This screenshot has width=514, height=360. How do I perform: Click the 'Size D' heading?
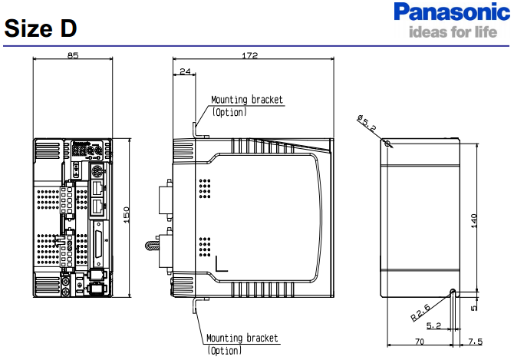click(41, 30)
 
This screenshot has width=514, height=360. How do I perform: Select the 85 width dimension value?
click(74, 55)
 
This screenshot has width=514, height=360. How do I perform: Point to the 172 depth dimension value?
click(251, 55)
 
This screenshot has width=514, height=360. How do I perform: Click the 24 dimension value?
click(184, 71)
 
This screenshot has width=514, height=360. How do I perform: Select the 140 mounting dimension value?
click(475, 219)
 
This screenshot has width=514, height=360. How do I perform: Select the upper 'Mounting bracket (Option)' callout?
click(246, 105)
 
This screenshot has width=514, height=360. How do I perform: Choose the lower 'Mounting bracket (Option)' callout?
click(242, 343)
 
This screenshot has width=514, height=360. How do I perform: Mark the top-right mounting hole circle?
click(388, 143)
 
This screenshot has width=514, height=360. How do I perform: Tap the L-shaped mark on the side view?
click(222, 266)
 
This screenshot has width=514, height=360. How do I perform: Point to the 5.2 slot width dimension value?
click(433, 325)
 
